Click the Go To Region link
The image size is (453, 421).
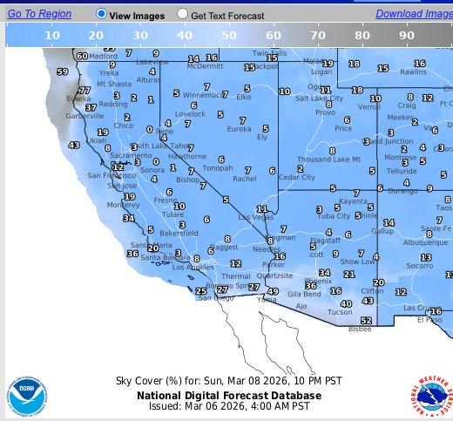[39, 14]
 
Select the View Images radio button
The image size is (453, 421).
[101, 14]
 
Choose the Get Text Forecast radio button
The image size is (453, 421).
[182, 14]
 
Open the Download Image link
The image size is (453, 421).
[414, 14]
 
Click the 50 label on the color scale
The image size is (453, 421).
[228, 36]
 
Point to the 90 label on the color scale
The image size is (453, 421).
[406, 36]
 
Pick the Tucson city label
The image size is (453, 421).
[340, 312]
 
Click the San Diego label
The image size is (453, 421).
[215, 298]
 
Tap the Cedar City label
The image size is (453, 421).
[297, 177]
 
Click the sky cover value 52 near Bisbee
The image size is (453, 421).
[366, 321]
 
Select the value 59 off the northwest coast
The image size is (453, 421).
[62, 72]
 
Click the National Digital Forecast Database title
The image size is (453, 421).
[229, 395]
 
